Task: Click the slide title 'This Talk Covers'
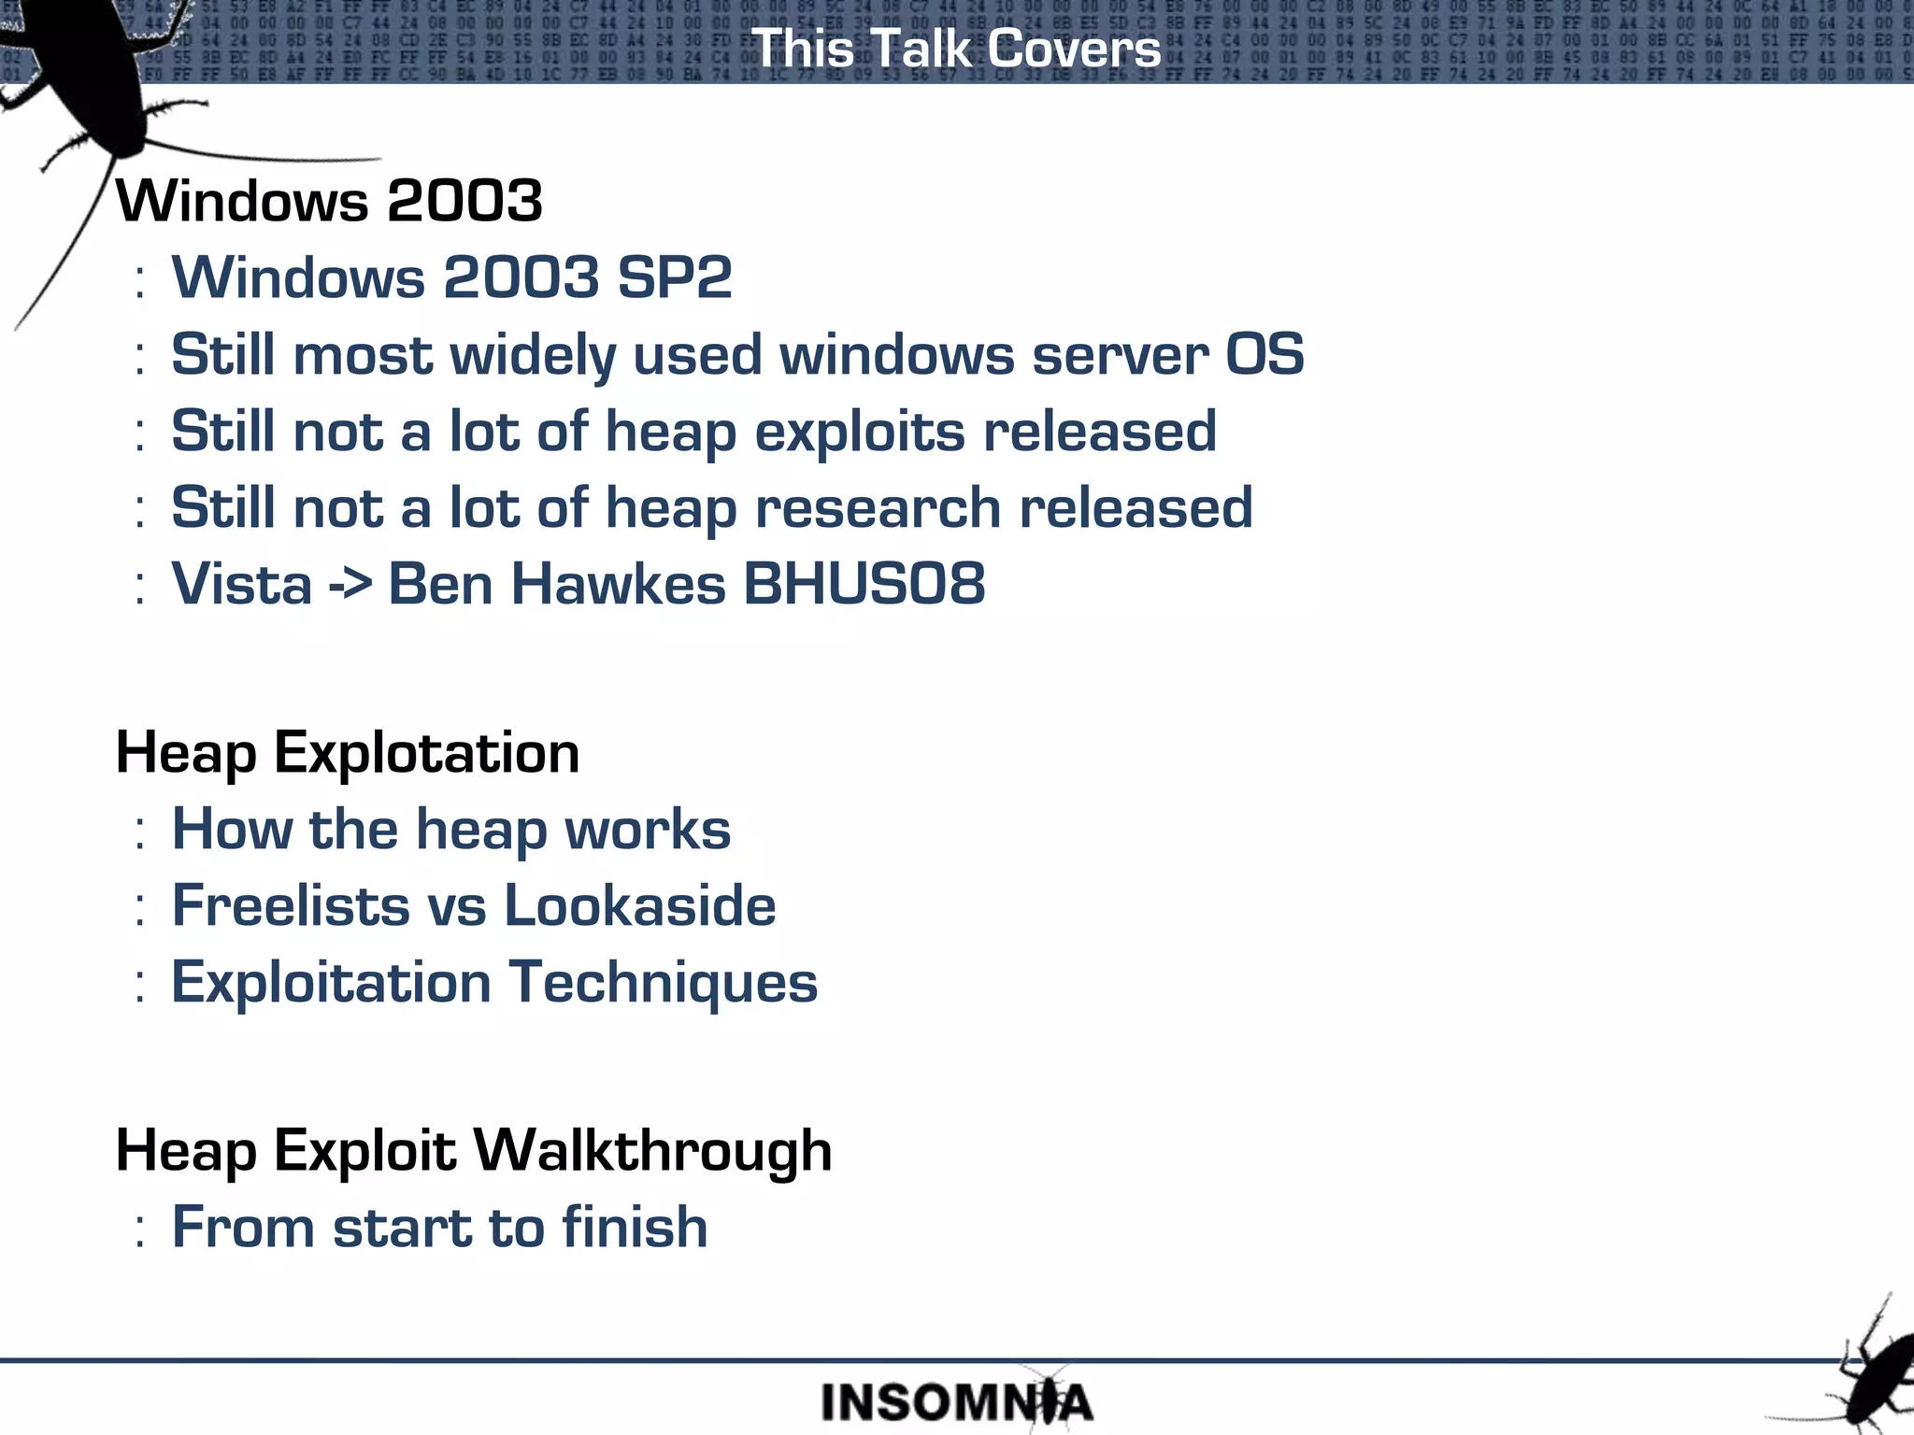pyautogui.click(x=956, y=49)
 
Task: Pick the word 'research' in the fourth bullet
pyautogui.click(x=878, y=509)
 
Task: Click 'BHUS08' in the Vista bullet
pyautogui.click(x=864, y=585)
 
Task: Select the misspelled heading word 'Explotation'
pyautogui.click(x=426, y=754)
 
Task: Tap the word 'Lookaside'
pyautogui.click(x=639, y=906)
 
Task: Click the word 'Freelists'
pyautogui.click(x=291, y=906)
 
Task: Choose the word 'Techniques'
pyautogui.click(x=664, y=983)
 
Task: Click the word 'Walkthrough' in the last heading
pyautogui.click(x=652, y=1151)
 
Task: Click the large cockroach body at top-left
pyautogui.click(x=84, y=75)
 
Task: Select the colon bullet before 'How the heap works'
pyautogui.click(x=139, y=831)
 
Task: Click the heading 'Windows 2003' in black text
pyautogui.click(x=329, y=201)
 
